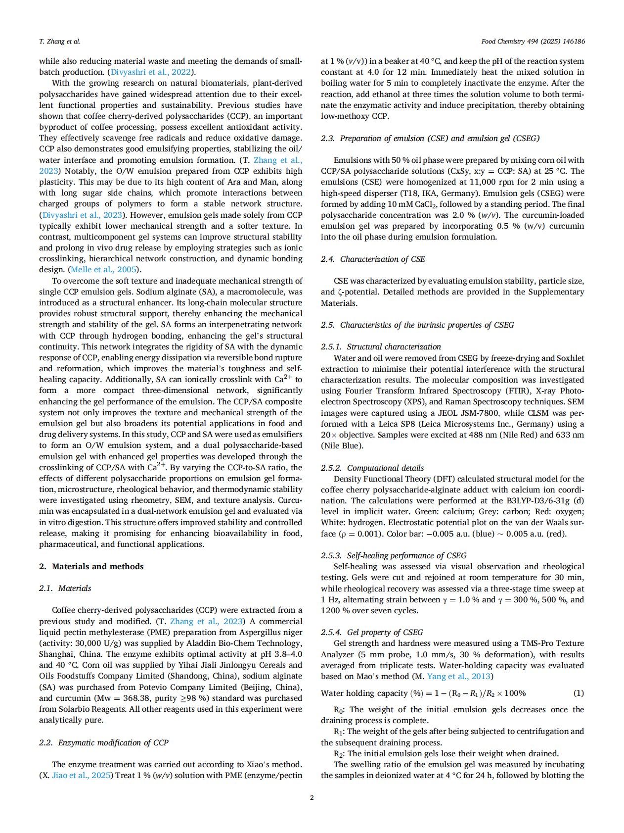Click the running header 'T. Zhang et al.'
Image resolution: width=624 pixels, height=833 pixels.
click(59, 42)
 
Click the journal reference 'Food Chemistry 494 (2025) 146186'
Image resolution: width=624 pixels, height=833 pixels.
click(533, 42)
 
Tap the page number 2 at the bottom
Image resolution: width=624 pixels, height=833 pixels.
click(312, 797)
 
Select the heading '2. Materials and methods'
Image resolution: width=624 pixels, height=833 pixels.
click(91, 566)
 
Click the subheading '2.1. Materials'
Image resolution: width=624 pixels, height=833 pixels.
click(65, 588)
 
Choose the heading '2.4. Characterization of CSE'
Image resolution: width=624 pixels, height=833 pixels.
click(373, 259)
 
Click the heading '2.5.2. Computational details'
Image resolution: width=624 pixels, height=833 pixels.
click(372, 468)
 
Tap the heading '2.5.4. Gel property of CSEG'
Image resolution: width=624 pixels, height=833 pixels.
click(372, 632)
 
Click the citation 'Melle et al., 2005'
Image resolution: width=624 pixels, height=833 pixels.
click(104, 270)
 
